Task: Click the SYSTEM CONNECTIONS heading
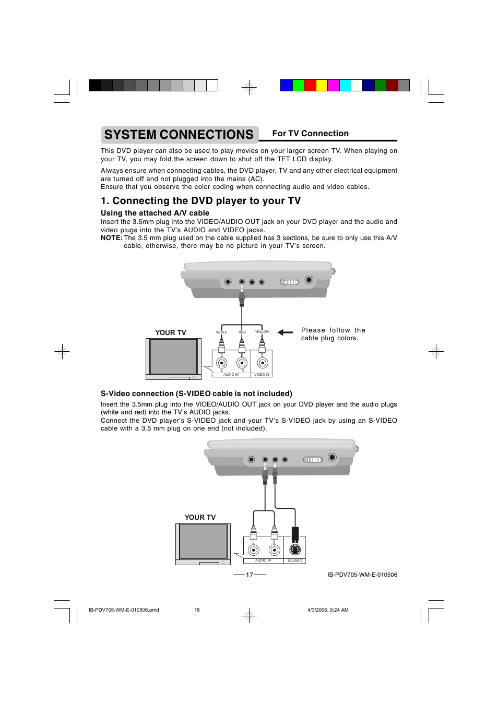pyautogui.click(x=179, y=135)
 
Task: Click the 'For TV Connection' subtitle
pyautogui.click(x=310, y=133)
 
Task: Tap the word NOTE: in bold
pyautogui.click(x=112, y=238)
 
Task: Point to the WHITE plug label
pyautogui.click(x=221, y=332)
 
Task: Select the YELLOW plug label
pyautogui.click(x=262, y=331)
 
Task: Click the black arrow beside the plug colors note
pyautogui.click(x=285, y=332)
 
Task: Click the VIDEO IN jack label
pyautogui.click(x=262, y=374)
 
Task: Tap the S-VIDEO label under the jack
pyautogui.click(x=295, y=560)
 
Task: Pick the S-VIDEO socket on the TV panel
pyautogui.click(x=294, y=550)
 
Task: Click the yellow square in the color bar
pyautogui.click(x=322, y=86)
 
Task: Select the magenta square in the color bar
pyautogui.click(x=333, y=86)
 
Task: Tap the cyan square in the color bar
pyautogui.click(x=345, y=86)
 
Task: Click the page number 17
pyautogui.click(x=250, y=575)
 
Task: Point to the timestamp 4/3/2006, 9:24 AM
pyautogui.click(x=328, y=610)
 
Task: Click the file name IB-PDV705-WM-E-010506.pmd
pyautogui.click(x=124, y=610)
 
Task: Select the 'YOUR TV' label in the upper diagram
pyautogui.click(x=170, y=332)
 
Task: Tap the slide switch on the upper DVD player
pyautogui.click(x=290, y=282)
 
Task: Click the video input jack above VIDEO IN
pyautogui.click(x=263, y=363)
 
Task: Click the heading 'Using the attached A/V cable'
pyautogui.click(x=155, y=213)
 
